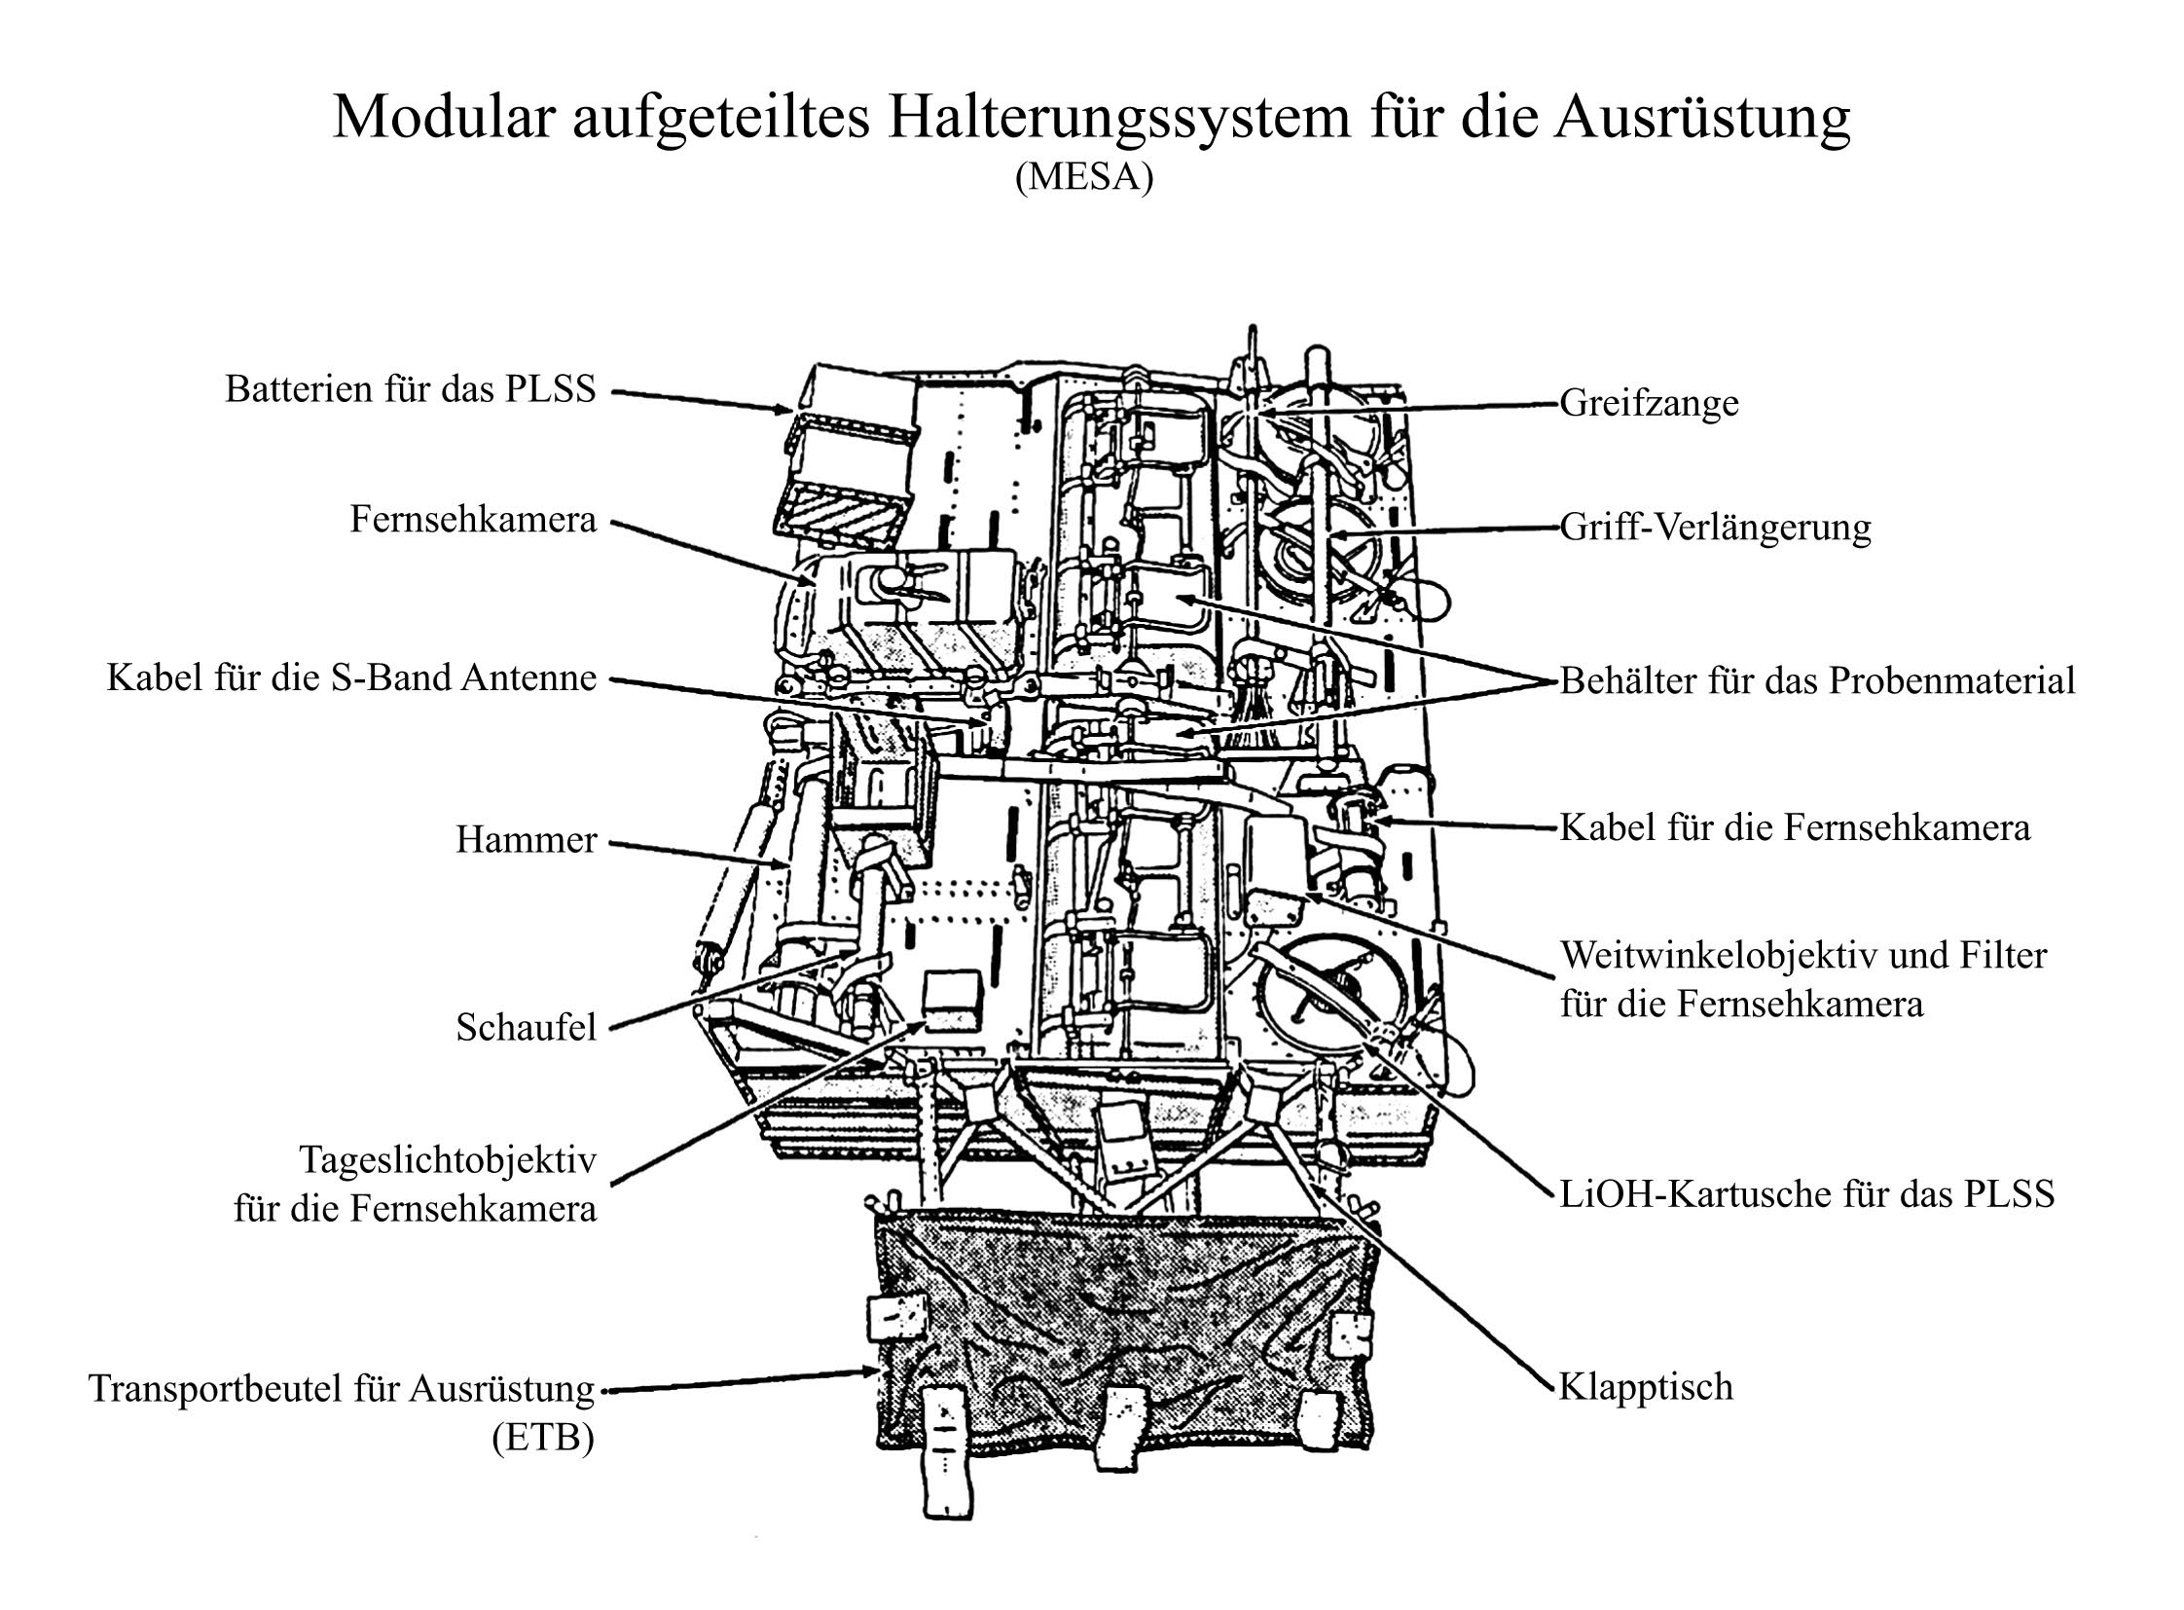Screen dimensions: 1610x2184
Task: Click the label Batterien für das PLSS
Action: [410, 388]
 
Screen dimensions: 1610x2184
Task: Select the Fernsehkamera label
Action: [473, 520]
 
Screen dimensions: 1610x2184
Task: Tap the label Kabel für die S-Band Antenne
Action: [350, 677]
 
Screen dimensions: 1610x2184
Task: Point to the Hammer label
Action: [526, 840]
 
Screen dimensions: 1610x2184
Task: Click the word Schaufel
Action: [526, 1027]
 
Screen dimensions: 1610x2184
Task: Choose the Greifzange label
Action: [1649, 403]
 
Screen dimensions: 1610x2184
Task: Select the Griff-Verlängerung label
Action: [1715, 528]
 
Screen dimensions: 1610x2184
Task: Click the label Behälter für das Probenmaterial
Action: [1817, 680]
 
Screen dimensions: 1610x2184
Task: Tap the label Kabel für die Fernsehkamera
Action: [1795, 827]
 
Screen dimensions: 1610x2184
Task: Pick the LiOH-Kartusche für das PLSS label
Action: [1806, 1193]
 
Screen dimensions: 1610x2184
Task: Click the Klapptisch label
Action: [1646, 1386]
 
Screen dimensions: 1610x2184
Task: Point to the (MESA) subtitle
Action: [1083, 177]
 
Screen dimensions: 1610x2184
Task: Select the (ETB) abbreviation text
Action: [543, 1438]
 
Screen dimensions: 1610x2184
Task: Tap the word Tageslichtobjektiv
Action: [448, 1159]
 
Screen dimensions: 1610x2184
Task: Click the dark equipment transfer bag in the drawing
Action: [1121, 1336]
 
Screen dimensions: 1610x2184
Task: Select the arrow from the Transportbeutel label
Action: [741, 1380]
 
